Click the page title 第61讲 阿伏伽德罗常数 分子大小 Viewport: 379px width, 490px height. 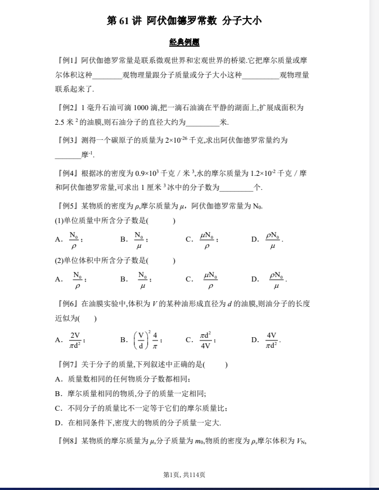(184, 21)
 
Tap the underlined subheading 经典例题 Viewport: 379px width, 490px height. (184, 42)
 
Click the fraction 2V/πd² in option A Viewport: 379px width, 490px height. (75, 340)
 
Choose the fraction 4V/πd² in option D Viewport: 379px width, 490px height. (272, 340)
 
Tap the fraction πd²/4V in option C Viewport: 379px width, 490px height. (205, 340)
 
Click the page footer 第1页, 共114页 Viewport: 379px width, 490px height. (184, 475)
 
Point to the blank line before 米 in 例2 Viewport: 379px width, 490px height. (202, 122)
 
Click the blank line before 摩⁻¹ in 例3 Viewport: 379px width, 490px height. (67, 155)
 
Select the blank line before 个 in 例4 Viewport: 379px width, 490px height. (236, 188)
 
